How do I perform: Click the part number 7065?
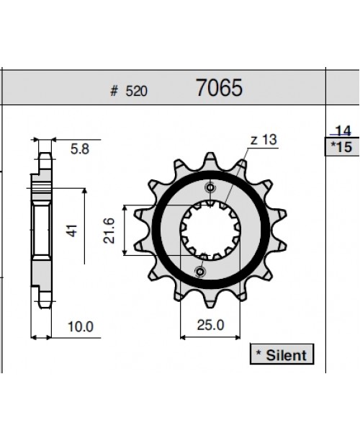coord(219,87)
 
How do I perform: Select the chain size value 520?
coord(136,91)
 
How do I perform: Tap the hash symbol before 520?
coord(114,91)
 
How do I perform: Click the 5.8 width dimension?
coord(80,149)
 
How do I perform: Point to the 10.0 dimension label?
coord(81,327)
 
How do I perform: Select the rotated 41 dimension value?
coord(72,231)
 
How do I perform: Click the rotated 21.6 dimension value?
coord(109,231)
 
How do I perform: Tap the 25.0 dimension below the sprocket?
coord(210,325)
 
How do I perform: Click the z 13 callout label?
coord(264,140)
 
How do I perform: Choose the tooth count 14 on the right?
coord(343,131)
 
